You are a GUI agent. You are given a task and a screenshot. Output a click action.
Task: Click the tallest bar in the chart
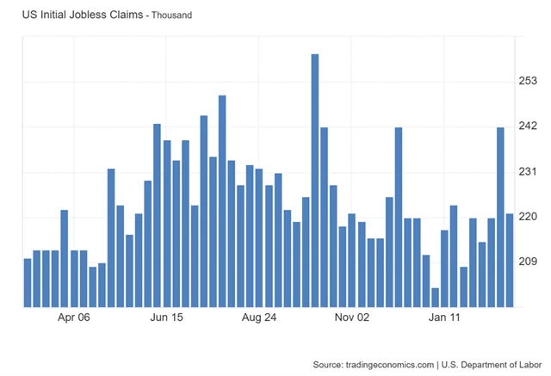click(x=315, y=181)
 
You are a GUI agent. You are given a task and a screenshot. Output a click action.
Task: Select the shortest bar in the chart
click(x=436, y=297)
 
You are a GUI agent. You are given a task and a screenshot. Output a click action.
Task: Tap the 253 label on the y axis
click(x=526, y=81)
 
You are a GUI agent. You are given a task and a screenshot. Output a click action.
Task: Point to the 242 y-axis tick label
click(x=526, y=126)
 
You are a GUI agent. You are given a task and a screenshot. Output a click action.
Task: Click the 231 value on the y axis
click(x=526, y=172)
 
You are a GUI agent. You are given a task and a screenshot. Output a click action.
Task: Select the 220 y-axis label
click(x=526, y=217)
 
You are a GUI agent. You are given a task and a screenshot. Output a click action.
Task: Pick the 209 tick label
click(x=526, y=262)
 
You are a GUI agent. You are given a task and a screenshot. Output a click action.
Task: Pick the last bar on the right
click(x=510, y=260)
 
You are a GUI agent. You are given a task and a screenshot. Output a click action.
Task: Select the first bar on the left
click(x=28, y=282)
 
